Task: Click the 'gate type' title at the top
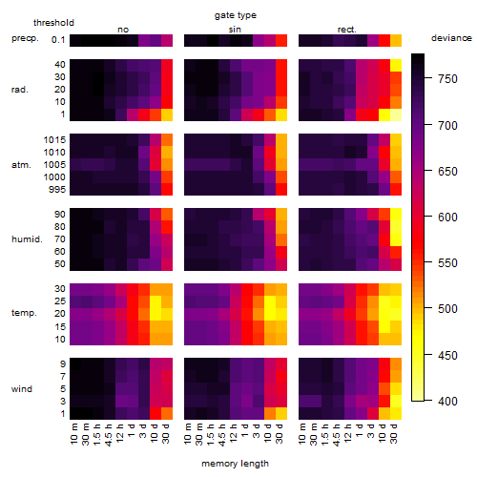[236, 15]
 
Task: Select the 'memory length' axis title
[235, 464]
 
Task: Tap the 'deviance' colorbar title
[451, 38]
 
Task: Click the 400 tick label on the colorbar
[447, 402]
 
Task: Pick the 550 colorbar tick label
[447, 263]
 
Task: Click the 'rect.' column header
[347, 30]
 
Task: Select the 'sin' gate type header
[235, 30]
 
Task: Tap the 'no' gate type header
[123, 30]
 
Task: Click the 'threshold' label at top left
[53, 23]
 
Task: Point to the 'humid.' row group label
[27, 239]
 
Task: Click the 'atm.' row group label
[21, 165]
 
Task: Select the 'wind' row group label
[22, 389]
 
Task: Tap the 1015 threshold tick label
[54, 140]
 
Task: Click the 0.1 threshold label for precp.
[58, 40]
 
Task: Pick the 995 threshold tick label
[57, 190]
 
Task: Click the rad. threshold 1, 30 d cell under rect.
[396, 114]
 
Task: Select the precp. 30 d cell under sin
[281, 40]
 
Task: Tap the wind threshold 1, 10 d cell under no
[156, 413]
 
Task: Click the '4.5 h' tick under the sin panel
[222, 434]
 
